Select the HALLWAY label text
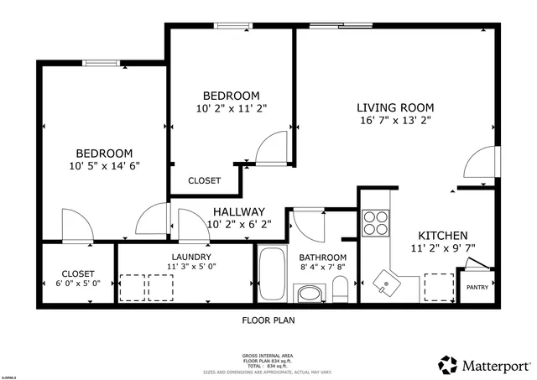[x=238, y=211]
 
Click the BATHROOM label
[x=323, y=258]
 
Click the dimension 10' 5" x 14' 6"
[x=104, y=166]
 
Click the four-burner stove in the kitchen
[x=375, y=222]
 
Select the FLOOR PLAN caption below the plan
[x=268, y=320]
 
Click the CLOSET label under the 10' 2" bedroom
[x=204, y=180]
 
